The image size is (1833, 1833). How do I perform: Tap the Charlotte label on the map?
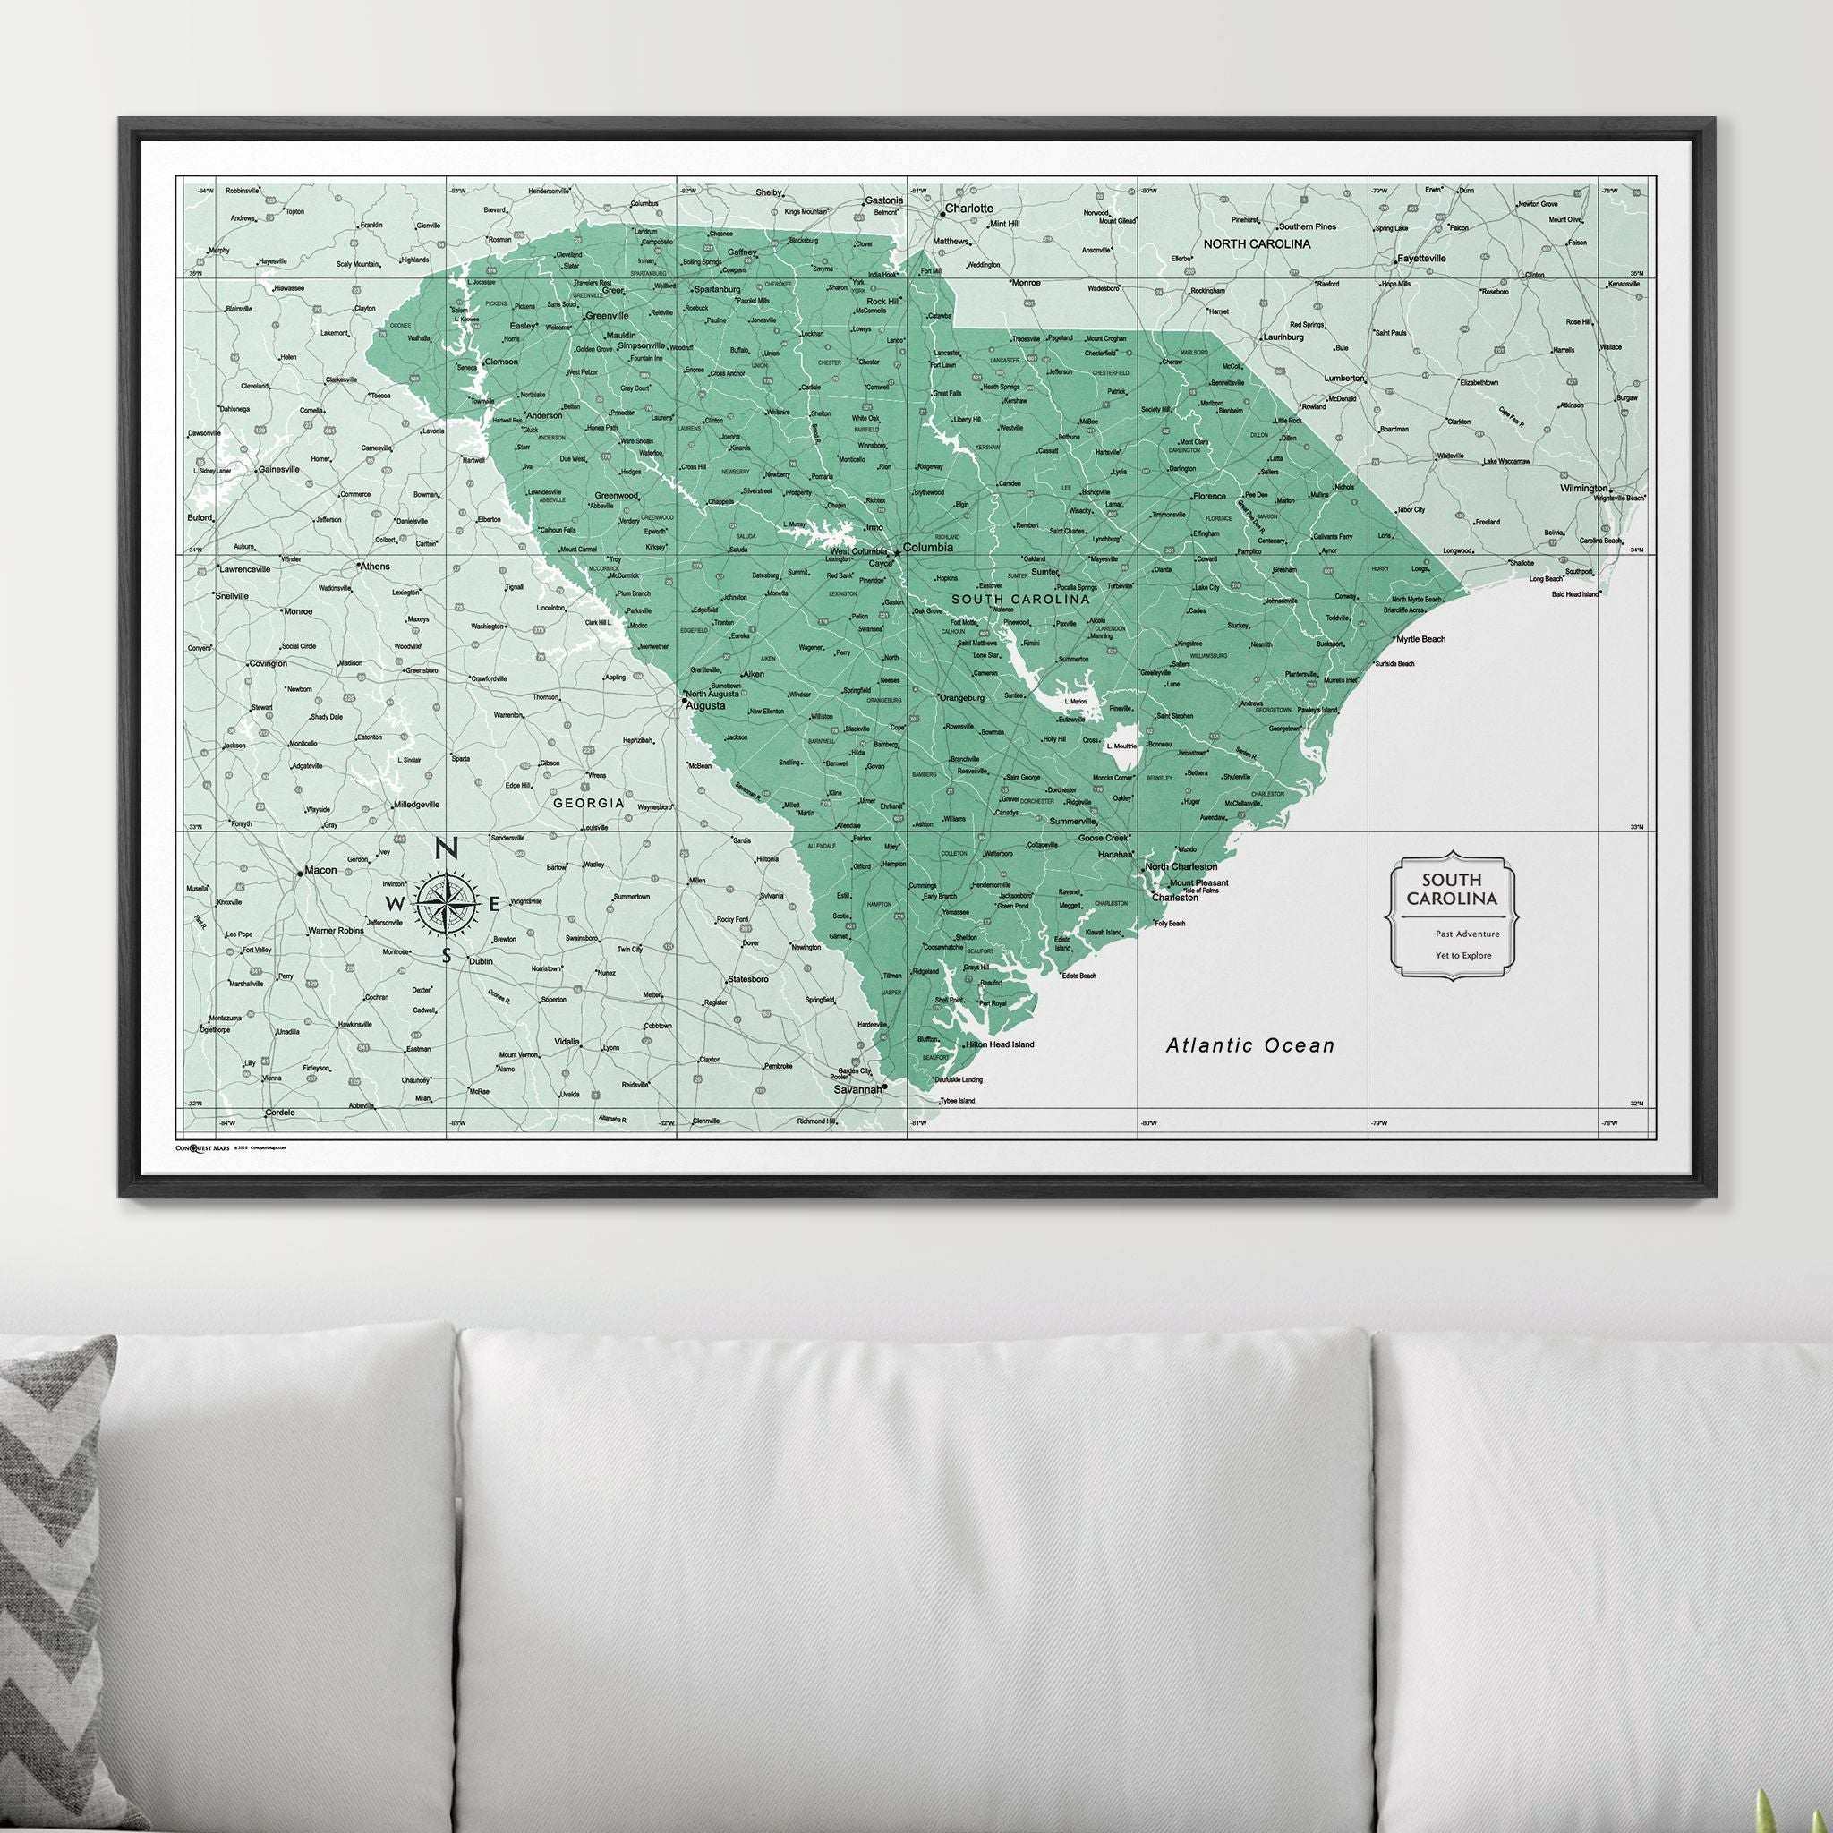[968, 208]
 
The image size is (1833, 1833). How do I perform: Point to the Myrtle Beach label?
[1420, 639]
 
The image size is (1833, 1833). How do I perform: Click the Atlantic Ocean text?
[1249, 1045]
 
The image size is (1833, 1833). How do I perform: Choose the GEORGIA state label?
[589, 803]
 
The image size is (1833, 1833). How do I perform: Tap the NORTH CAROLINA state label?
[1258, 243]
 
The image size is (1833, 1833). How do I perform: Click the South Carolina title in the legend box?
[1453, 890]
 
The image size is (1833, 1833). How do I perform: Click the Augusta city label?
[705, 706]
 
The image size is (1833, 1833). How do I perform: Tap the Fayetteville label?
[1420, 258]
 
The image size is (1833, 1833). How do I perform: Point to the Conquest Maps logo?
[202, 1147]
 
